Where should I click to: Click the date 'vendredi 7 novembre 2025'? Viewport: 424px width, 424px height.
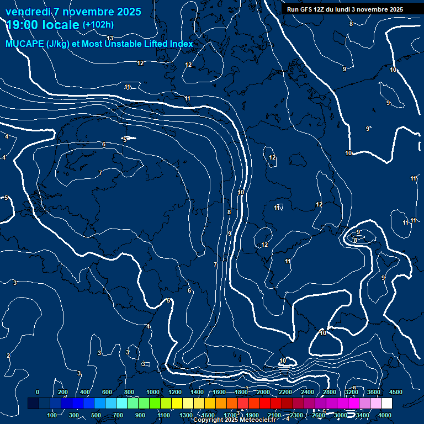click(x=73, y=12)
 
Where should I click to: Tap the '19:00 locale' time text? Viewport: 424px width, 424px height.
click(x=43, y=24)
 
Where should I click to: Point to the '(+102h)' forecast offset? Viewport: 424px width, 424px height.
click(x=98, y=24)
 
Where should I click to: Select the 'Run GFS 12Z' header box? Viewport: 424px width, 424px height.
click(x=344, y=9)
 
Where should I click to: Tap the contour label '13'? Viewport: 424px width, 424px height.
click(x=110, y=38)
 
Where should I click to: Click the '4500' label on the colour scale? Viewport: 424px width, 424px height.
click(x=396, y=392)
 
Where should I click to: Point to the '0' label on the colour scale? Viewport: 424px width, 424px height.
click(x=38, y=392)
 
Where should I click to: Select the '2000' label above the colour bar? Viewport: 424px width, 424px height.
click(x=263, y=392)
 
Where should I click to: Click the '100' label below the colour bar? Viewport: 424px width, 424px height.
click(x=52, y=415)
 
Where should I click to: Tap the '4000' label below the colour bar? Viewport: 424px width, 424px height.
click(x=385, y=415)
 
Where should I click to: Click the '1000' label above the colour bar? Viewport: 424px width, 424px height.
click(x=153, y=392)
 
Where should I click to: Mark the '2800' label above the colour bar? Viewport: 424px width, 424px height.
click(x=330, y=392)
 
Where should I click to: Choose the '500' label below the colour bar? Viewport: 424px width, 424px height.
click(x=96, y=415)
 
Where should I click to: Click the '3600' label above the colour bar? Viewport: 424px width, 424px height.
click(x=374, y=392)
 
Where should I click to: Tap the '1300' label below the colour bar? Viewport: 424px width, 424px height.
click(x=185, y=415)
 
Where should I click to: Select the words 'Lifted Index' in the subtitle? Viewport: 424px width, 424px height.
click(x=166, y=44)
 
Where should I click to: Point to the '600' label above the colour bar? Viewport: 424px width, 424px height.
click(x=107, y=392)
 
